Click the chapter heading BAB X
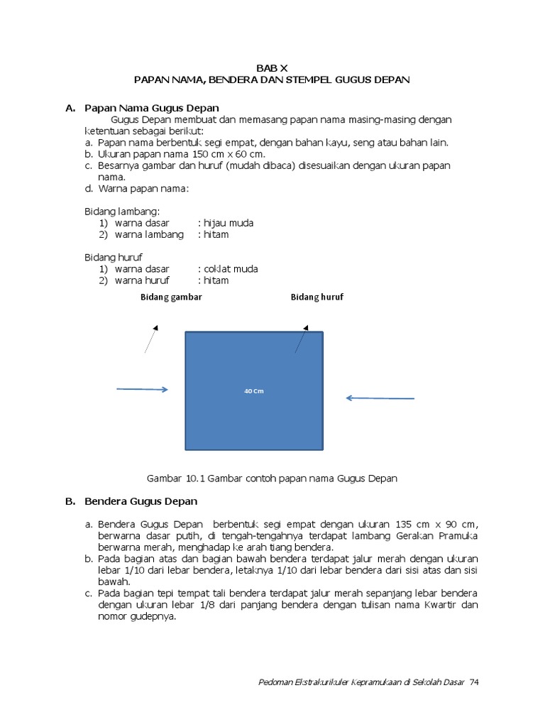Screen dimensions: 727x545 tap(272, 68)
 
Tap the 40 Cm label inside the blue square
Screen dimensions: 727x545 tap(254, 391)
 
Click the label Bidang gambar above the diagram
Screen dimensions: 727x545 tap(171, 297)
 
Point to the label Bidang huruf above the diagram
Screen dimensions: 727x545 tap(317, 297)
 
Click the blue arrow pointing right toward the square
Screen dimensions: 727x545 tap(142, 389)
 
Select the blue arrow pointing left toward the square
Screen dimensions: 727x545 tap(380, 398)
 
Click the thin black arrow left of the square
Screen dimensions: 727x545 tap(150, 339)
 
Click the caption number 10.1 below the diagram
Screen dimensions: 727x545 tap(193, 479)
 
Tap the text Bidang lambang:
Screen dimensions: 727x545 tap(122, 212)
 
